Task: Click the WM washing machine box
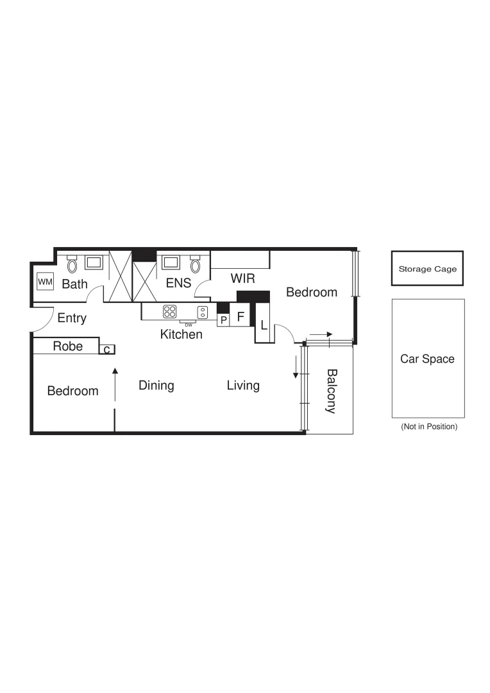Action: click(x=45, y=282)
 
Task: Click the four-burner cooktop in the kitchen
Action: click(x=170, y=312)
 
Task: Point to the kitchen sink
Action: click(x=203, y=312)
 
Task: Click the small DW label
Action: click(x=189, y=325)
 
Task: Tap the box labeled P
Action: click(x=223, y=320)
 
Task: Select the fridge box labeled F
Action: click(x=241, y=316)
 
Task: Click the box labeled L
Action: click(x=264, y=325)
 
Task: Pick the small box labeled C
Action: click(x=107, y=349)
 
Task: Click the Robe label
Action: click(x=67, y=346)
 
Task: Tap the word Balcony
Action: click(x=331, y=391)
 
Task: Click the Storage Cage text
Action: click(x=427, y=269)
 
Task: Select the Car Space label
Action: click(x=427, y=359)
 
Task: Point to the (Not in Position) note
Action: click(x=428, y=427)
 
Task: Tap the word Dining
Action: click(x=156, y=386)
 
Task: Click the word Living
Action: click(x=243, y=386)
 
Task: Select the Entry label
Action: click(x=72, y=318)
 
